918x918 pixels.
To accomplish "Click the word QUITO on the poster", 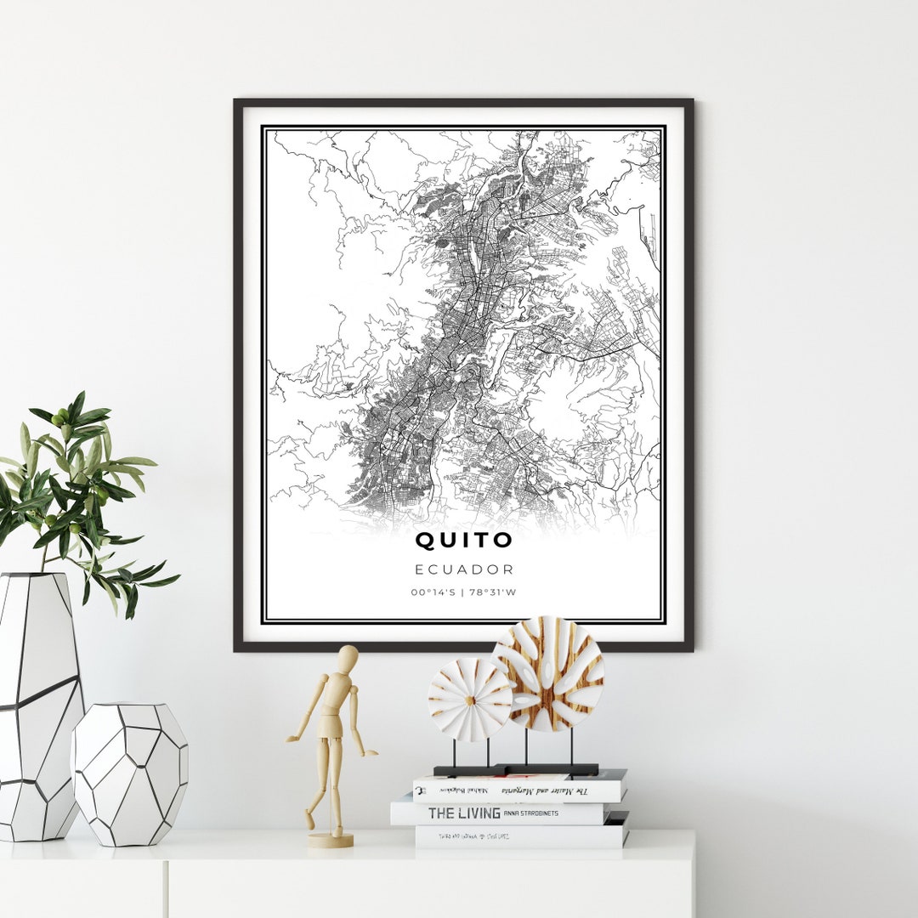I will pos(464,540).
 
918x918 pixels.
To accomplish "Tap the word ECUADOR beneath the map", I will pos(464,569).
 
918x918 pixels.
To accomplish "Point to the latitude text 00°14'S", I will pos(432,592).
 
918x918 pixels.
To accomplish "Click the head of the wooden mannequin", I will pos(347,658).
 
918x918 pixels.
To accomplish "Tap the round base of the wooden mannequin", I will pos(331,840).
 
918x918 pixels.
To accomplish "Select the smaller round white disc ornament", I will pos(470,700).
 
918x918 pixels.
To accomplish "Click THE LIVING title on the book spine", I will pos(463,813).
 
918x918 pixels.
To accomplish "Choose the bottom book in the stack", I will pos(520,837).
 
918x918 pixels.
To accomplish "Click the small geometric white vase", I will pos(129,773).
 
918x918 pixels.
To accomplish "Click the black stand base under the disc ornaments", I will pos(516,770).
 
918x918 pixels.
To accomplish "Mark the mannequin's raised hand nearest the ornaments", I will pos(371,752).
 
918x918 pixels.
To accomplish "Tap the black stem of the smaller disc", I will pos(453,753).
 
